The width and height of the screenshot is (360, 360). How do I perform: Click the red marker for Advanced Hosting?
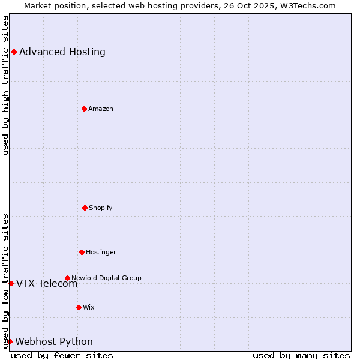[x=14, y=52]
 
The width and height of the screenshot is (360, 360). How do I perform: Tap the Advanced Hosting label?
[x=62, y=52]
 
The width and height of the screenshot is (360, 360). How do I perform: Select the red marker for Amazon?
[x=84, y=109]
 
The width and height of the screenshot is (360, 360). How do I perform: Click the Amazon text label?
[x=101, y=109]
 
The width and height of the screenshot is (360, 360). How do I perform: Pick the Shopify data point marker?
[x=85, y=208]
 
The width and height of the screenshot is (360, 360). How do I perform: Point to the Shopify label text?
[x=101, y=208]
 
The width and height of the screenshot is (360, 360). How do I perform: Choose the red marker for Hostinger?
[x=82, y=252]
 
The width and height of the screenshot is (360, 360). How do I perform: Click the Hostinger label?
[x=101, y=252]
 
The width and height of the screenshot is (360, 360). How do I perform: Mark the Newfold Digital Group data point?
[x=67, y=278]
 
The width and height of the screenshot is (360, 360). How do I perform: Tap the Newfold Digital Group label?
[x=107, y=278]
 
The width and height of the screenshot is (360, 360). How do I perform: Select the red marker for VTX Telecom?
[x=11, y=283]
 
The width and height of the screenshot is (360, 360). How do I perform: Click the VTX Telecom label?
[x=47, y=284]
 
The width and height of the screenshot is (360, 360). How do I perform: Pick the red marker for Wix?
[x=79, y=307]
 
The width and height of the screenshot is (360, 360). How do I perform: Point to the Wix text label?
[x=89, y=307]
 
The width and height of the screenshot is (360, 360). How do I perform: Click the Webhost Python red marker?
[x=10, y=341]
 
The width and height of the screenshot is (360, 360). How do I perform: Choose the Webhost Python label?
[x=54, y=342]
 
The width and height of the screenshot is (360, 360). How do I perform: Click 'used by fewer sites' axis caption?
[x=62, y=355]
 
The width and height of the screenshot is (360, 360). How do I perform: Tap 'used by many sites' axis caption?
[x=301, y=355]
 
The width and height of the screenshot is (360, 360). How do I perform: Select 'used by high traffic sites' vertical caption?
[x=5, y=85]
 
